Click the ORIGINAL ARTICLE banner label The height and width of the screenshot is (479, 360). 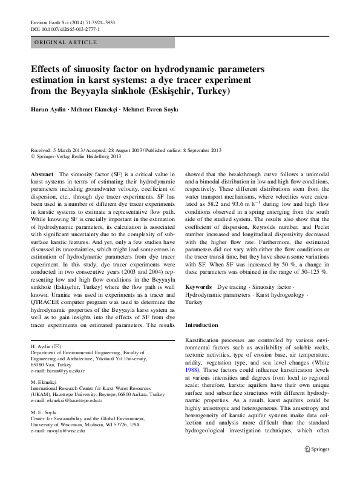(66, 42)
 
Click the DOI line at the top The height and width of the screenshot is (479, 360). (65, 29)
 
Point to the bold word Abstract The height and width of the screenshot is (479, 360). (42, 174)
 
